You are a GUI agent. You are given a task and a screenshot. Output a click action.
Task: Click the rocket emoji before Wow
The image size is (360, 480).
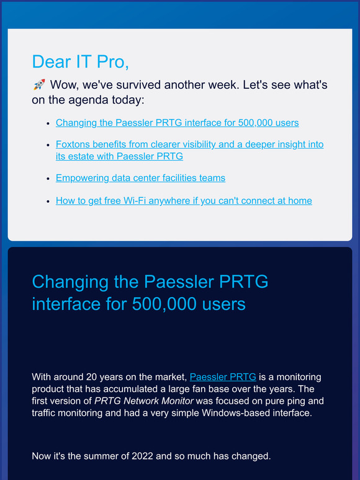pyautogui.click(x=38, y=85)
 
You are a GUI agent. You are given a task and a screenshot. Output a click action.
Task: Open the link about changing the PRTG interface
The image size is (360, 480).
pyautogui.click(x=177, y=123)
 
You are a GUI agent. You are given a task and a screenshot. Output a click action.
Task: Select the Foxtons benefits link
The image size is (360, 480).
pyautogui.click(x=189, y=144)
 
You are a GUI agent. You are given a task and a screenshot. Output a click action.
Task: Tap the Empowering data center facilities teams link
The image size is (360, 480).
pyautogui.click(x=140, y=178)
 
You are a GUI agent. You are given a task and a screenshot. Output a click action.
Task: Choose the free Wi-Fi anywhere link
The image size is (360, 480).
pyautogui.click(x=184, y=200)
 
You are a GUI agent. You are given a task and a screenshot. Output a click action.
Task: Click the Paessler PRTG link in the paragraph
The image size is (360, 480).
pyautogui.click(x=223, y=377)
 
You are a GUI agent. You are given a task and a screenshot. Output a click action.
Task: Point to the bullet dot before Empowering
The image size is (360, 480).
pyautogui.click(x=48, y=179)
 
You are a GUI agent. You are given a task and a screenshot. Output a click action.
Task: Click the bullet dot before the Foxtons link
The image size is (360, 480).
pyautogui.click(x=48, y=145)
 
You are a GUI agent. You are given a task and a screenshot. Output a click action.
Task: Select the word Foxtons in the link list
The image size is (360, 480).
pyautogui.click(x=73, y=144)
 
